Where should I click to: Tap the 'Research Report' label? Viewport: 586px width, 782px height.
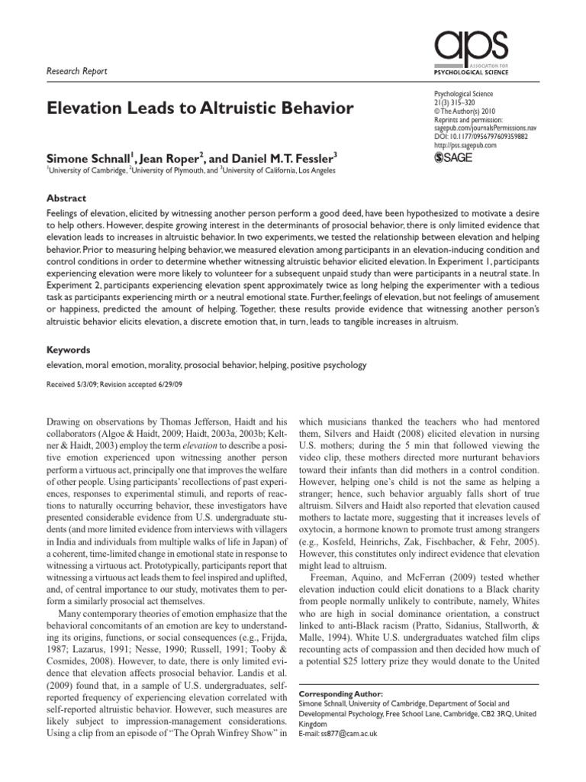tap(77, 71)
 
